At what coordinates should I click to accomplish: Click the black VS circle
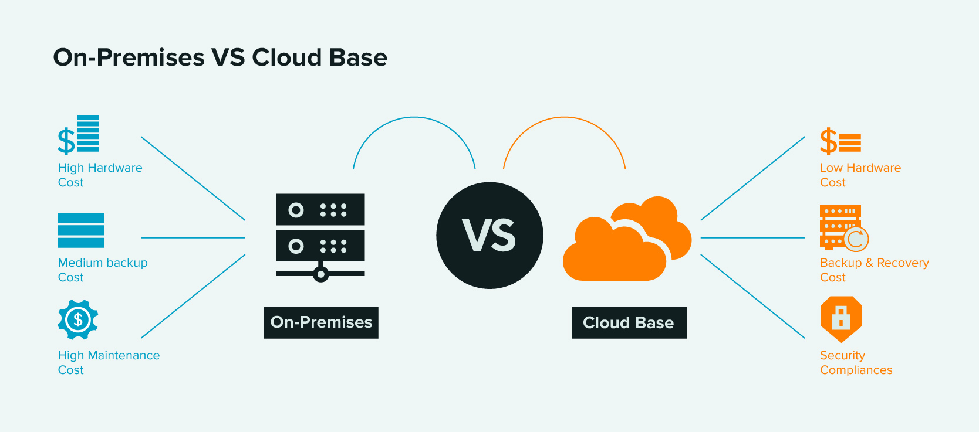click(x=489, y=235)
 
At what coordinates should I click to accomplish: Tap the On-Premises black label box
click(x=321, y=322)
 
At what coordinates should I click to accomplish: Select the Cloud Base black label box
click(x=629, y=322)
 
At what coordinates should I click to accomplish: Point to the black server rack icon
click(x=320, y=234)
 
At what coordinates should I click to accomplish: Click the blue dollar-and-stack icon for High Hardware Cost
click(x=79, y=135)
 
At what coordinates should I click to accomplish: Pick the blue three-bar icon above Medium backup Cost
click(x=81, y=230)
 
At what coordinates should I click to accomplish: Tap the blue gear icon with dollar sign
click(x=78, y=319)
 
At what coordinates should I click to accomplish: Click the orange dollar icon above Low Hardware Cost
click(x=840, y=142)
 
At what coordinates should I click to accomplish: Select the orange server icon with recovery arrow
click(x=843, y=227)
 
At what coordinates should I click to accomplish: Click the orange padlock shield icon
click(x=841, y=318)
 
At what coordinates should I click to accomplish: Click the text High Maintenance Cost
click(x=108, y=362)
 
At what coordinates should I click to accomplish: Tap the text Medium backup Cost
click(x=102, y=270)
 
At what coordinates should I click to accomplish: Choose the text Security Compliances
click(x=855, y=362)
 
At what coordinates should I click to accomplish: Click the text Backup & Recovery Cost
click(x=873, y=270)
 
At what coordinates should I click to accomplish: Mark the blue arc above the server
click(x=414, y=117)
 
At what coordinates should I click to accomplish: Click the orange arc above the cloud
click(x=564, y=117)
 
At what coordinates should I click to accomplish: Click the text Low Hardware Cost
click(x=859, y=175)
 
